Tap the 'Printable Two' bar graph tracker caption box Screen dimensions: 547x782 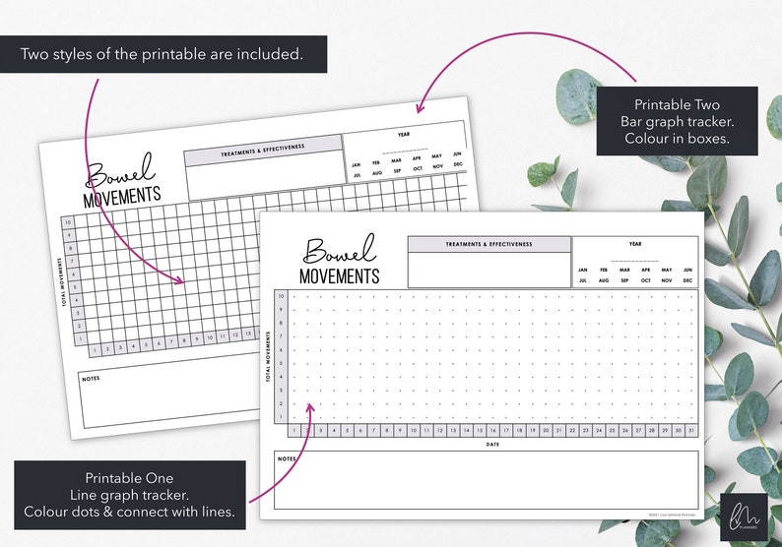(677, 121)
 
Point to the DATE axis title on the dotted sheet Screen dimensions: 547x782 (491, 445)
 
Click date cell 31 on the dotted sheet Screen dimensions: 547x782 (690, 431)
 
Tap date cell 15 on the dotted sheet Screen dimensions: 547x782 (479, 431)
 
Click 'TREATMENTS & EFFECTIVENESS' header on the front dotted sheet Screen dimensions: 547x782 (489, 244)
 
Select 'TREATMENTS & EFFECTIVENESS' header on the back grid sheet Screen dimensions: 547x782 (262, 150)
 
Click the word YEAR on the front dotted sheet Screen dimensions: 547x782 (635, 244)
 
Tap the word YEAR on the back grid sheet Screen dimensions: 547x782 (404, 134)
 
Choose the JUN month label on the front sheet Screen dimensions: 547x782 (687, 270)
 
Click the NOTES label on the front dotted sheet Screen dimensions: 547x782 (287, 458)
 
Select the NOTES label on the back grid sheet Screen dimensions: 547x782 (92, 378)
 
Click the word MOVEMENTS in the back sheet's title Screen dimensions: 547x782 (121, 196)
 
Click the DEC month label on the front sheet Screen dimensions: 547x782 (687, 280)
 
